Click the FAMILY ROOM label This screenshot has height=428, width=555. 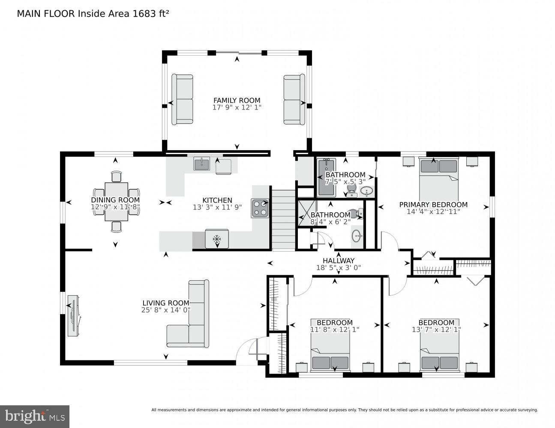(x=237, y=101)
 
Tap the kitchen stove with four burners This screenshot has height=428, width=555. (x=260, y=208)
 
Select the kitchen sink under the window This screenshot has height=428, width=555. (x=201, y=163)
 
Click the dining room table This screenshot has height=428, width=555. (x=116, y=201)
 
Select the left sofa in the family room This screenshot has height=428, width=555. (x=182, y=99)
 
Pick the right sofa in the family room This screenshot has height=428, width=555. (x=294, y=99)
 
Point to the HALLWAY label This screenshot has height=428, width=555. (x=339, y=261)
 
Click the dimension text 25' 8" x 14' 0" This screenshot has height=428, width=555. (x=166, y=310)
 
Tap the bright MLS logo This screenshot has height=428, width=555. (x=34, y=416)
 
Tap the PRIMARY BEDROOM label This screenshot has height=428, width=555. (x=433, y=205)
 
